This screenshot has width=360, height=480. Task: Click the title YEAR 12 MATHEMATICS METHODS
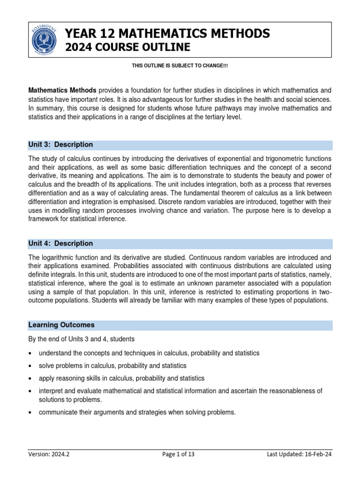(167, 33)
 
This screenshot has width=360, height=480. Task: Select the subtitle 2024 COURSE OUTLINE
(127, 47)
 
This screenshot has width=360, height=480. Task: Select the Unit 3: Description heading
(60, 145)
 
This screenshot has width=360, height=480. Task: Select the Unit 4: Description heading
(60, 244)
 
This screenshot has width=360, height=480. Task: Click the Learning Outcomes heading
(61, 325)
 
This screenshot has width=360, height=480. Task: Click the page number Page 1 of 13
(180, 454)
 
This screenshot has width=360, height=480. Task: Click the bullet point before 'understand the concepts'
(30, 353)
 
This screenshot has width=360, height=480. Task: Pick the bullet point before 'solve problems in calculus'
(30, 366)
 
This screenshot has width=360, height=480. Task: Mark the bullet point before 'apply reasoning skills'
(30, 378)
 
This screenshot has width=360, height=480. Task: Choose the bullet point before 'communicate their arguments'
(30, 413)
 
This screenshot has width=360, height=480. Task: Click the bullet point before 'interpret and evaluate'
(30, 391)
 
